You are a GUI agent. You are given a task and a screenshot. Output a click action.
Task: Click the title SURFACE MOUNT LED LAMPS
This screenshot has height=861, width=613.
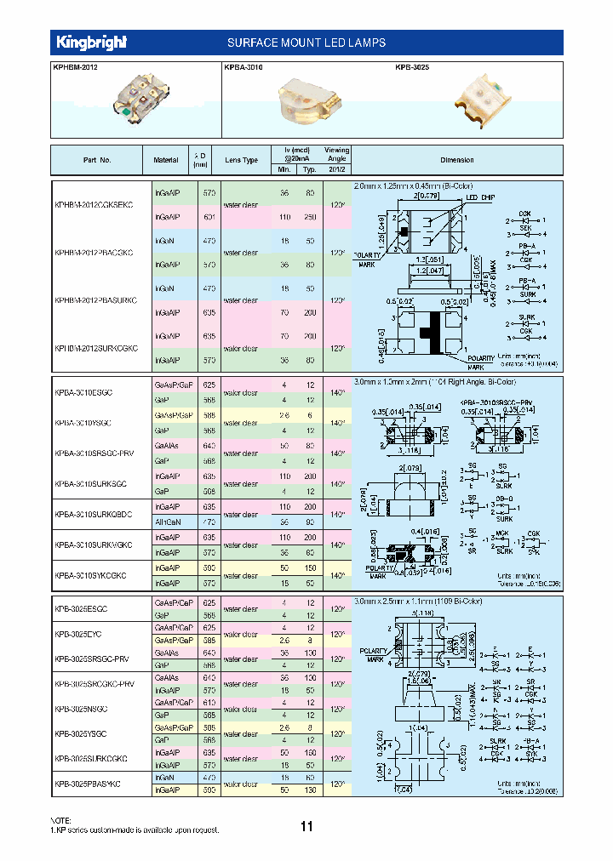(x=306, y=43)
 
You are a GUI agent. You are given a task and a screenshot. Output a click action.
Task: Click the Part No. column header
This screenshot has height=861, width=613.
(x=97, y=160)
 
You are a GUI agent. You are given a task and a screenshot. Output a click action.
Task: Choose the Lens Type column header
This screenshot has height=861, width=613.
(x=240, y=160)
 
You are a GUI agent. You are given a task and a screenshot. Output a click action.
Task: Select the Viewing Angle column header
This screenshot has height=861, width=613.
(x=336, y=160)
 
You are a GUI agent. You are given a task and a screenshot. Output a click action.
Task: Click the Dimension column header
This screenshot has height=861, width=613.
(x=456, y=160)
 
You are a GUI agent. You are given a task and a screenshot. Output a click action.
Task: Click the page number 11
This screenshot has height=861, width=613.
(x=306, y=826)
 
